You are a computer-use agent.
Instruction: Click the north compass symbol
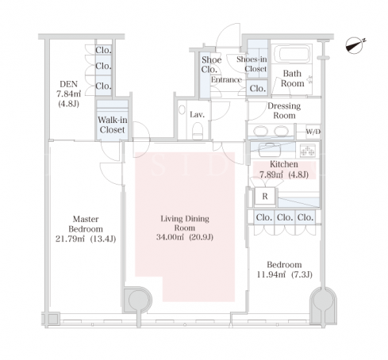pyautogui.click(x=355, y=46)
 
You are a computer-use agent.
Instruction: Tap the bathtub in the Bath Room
pyautogui.click(x=291, y=54)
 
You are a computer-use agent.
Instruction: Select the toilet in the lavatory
pyautogui.click(x=198, y=131)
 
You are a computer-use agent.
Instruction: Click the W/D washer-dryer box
pyautogui.click(x=313, y=132)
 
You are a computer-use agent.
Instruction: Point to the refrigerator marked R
pyautogui.click(x=265, y=197)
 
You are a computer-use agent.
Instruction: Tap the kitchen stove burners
pyautogui.click(x=308, y=151)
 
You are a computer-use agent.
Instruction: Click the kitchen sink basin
pyautogui.click(x=269, y=150)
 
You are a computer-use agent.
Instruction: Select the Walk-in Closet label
pyautogui.click(x=113, y=124)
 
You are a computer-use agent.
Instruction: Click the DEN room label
pyautogui.click(x=69, y=84)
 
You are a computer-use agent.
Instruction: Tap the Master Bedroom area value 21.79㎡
pyautogui.click(x=70, y=239)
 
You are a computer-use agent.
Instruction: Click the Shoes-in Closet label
pyautogui.click(x=252, y=64)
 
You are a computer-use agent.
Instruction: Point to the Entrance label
pyautogui.click(x=226, y=79)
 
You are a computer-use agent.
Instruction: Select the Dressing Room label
pyautogui.click(x=284, y=111)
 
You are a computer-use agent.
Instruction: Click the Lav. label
pyautogui.click(x=198, y=114)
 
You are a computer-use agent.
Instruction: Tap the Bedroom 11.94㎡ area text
pyautogui.click(x=271, y=274)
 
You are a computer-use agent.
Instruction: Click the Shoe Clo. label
pyautogui.click(x=211, y=65)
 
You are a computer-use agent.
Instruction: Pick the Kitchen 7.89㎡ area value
pyautogui.click(x=271, y=174)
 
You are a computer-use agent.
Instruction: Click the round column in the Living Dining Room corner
pyautogui.click(x=139, y=300)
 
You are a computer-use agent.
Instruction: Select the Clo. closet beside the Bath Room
pyautogui.click(x=258, y=88)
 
